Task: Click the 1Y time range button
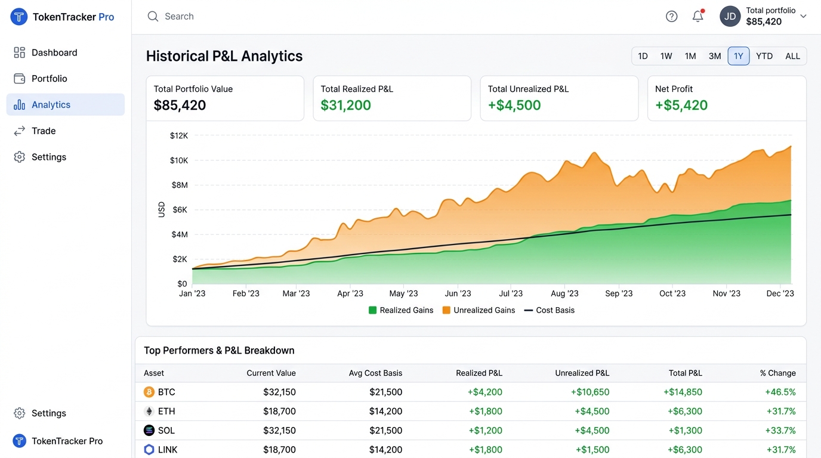(x=738, y=56)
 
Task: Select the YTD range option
(x=764, y=56)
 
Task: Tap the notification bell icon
(x=698, y=16)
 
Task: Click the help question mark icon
(x=671, y=17)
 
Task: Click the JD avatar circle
(x=730, y=16)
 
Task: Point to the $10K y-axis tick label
(x=179, y=160)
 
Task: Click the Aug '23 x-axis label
(x=564, y=293)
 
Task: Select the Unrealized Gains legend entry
(x=479, y=310)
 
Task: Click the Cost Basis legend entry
(x=549, y=310)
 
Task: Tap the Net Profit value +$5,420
(x=681, y=105)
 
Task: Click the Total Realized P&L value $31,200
(x=345, y=105)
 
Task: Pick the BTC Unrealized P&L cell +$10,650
(x=590, y=392)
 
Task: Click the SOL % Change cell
(x=780, y=431)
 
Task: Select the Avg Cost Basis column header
(x=375, y=373)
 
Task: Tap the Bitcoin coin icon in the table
(x=149, y=392)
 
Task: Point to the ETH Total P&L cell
(x=684, y=411)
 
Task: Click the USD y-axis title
(x=161, y=209)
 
